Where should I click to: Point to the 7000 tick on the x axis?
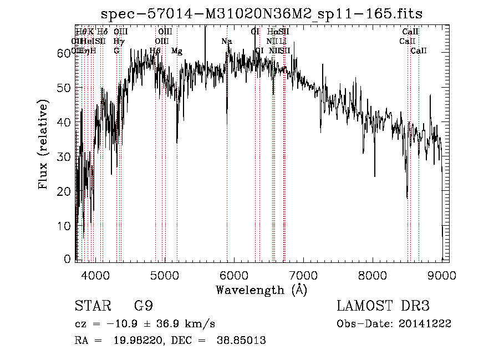pyautogui.click(x=303, y=275)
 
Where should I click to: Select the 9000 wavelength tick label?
pyautogui.click(x=442, y=275)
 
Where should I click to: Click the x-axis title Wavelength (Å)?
pyautogui.click(x=261, y=290)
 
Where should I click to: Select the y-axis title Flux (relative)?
pyautogui.click(x=43, y=144)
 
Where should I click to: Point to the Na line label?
pyautogui.click(x=226, y=42)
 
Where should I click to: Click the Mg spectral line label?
pyautogui.click(x=177, y=51)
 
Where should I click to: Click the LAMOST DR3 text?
pyautogui.click(x=383, y=306)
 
